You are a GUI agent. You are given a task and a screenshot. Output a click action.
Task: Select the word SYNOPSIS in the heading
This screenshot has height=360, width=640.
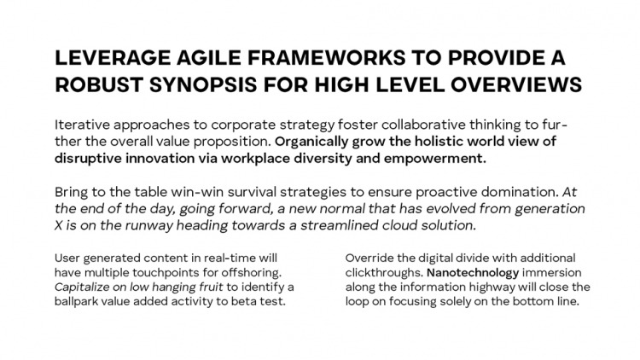pyautogui.click(x=203, y=85)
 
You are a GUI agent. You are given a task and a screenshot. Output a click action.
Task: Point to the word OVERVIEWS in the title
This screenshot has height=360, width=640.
pyautogui.click(x=516, y=85)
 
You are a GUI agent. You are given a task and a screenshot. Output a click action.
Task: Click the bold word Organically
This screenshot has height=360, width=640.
pyautogui.click(x=311, y=142)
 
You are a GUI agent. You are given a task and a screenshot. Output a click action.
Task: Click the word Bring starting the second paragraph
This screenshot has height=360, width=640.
pyautogui.click(x=71, y=192)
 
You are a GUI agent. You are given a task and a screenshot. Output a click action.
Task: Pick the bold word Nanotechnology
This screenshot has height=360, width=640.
pyautogui.click(x=473, y=273)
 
